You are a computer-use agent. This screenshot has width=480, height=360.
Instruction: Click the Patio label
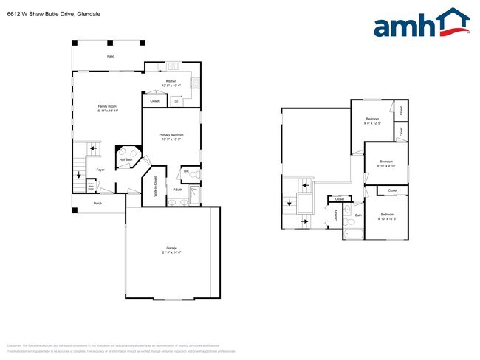pos(111,56)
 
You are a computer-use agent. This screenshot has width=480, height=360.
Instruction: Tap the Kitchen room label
pos(171,81)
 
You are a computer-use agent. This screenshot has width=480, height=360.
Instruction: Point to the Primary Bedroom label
pos(171,135)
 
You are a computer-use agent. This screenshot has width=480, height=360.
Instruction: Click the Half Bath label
pos(126,159)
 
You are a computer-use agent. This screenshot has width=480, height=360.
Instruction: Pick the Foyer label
pos(100,170)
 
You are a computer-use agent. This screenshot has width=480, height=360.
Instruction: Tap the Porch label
pos(97,203)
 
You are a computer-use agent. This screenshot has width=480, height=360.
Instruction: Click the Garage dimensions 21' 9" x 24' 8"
pos(171,253)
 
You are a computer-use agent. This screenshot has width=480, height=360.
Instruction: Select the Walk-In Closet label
pos(155,184)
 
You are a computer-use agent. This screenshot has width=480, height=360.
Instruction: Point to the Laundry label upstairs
pos(335,215)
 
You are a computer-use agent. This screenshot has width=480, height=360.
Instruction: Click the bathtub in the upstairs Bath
pos(354,235)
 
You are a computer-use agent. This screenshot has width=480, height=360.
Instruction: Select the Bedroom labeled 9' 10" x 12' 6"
pos(387,216)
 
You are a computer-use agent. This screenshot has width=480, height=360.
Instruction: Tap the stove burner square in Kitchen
pos(171,66)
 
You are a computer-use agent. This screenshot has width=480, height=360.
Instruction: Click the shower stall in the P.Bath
pos(194,195)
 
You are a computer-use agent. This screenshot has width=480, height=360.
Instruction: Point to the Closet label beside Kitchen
pos(154,101)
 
